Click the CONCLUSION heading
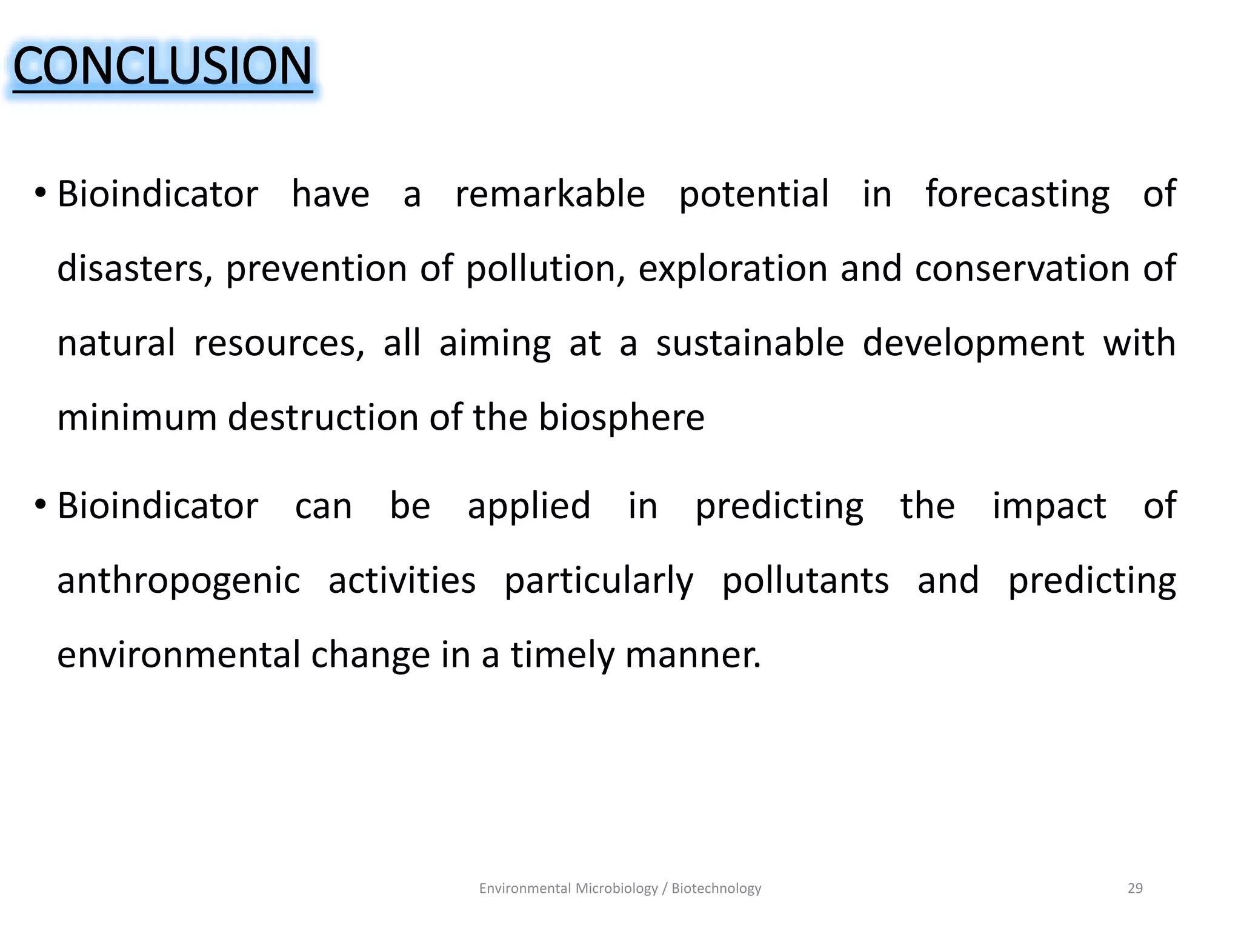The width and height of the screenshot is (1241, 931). [x=162, y=66]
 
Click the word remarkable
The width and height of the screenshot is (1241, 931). [x=550, y=195]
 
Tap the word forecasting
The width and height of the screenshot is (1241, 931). [x=1017, y=195]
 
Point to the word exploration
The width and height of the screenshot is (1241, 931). [x=733, y=269]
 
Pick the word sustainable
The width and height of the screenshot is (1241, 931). [x=750, y=344]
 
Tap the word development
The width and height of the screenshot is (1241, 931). [x=973, y=344]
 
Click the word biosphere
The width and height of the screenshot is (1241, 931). [x=622, y=418]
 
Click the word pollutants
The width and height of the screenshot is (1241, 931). [x=805, y=581]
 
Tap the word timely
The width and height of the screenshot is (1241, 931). [x=562, y=656]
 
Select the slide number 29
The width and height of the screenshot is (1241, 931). [x=1135, y=889]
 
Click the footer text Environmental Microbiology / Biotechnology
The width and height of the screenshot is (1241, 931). [x=620, y=889]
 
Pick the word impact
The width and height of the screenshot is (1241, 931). [x=1049, y=507]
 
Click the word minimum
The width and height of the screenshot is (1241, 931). [x=136, y=418]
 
